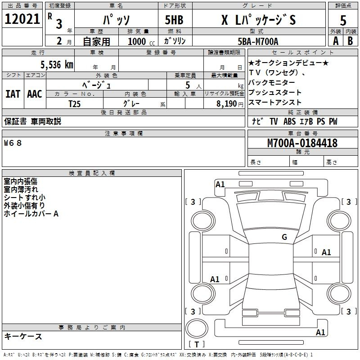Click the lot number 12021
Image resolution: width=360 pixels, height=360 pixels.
[x=22, y=19]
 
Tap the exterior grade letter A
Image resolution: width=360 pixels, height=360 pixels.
[x=335, y=40]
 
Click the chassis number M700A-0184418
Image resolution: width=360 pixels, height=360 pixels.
[x=302, y=143]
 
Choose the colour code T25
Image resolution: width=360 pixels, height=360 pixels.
[x=75, y=103]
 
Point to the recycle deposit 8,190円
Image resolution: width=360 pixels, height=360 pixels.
[x=230, y=103]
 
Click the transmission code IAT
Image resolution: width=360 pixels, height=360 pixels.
[x=13, y=94]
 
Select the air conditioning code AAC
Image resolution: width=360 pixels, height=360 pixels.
[x=34, y=94]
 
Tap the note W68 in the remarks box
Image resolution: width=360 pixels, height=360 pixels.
[x=13, y=143]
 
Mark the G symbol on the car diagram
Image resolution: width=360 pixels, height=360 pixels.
[x=284, y=237]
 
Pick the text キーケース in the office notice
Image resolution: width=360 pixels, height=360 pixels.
[x=23, y=336]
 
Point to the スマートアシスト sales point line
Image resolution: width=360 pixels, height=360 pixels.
[x=274, y=103]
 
